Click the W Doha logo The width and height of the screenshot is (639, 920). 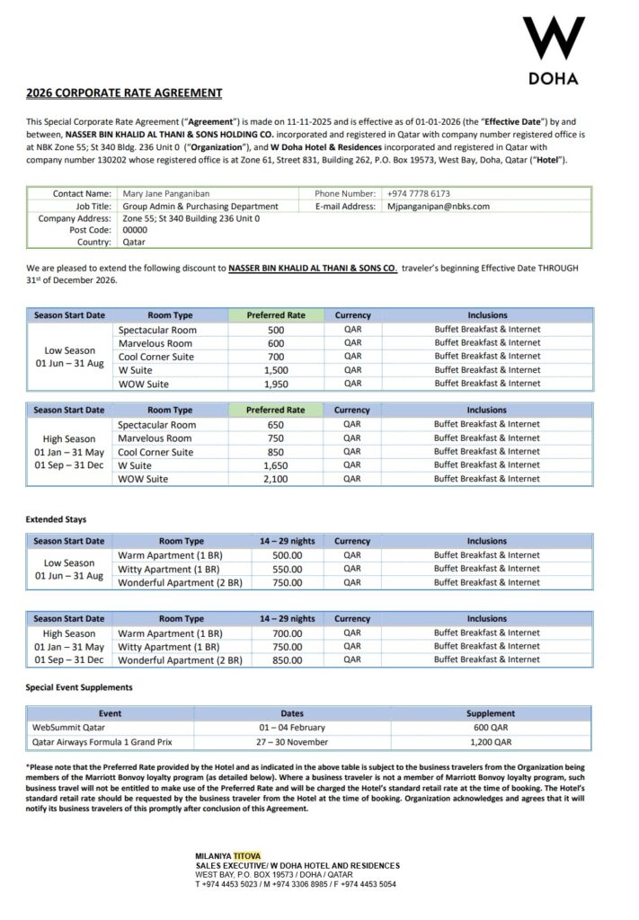(x=554, y=49)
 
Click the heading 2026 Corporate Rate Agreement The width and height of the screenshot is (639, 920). (x=124, y=93)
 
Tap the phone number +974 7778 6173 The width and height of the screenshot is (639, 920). (x=419, y=193)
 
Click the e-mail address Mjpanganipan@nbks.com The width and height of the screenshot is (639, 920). (x=439, y=206)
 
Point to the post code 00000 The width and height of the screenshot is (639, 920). (x=135, y=230)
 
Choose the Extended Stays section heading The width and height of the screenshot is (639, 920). (x=56, y=519)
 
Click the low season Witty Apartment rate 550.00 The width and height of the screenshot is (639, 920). (x=287, y=569)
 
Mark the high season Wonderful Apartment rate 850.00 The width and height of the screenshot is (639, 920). (x=287, y=659)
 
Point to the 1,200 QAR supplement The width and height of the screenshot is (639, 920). (x=491, y=742)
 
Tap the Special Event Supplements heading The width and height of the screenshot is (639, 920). (x=79, y=687)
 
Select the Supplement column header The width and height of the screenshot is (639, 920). (x=491, y=713)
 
